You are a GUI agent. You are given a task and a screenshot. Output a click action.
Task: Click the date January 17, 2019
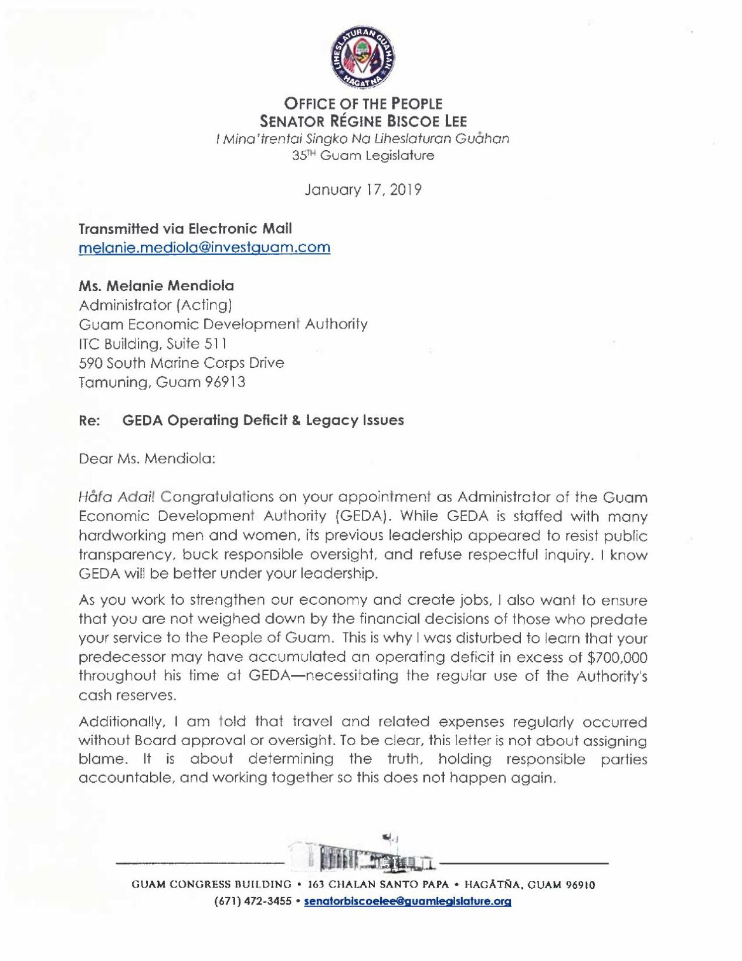point(363,190)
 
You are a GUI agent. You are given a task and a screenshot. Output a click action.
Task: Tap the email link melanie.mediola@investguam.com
point(204,247)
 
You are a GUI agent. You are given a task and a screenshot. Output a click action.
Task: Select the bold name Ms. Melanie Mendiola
point(156,286)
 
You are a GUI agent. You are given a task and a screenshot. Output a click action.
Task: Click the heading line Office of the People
point(363,104)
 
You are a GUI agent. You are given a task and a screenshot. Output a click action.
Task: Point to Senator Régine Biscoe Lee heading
point(363,121)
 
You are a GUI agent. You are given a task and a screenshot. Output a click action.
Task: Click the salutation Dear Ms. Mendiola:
point(147,458)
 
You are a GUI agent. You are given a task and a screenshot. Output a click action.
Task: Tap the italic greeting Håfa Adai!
point(117,497)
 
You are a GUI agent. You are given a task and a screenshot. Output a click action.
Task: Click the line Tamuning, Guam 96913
point(162,382)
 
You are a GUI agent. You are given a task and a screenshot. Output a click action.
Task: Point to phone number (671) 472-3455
point(253,901)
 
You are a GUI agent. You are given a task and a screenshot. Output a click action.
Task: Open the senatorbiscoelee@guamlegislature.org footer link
point(408,901)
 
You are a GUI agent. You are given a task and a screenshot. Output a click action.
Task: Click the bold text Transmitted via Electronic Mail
point(185,228)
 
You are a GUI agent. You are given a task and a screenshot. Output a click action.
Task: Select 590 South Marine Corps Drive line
point(181,363)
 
